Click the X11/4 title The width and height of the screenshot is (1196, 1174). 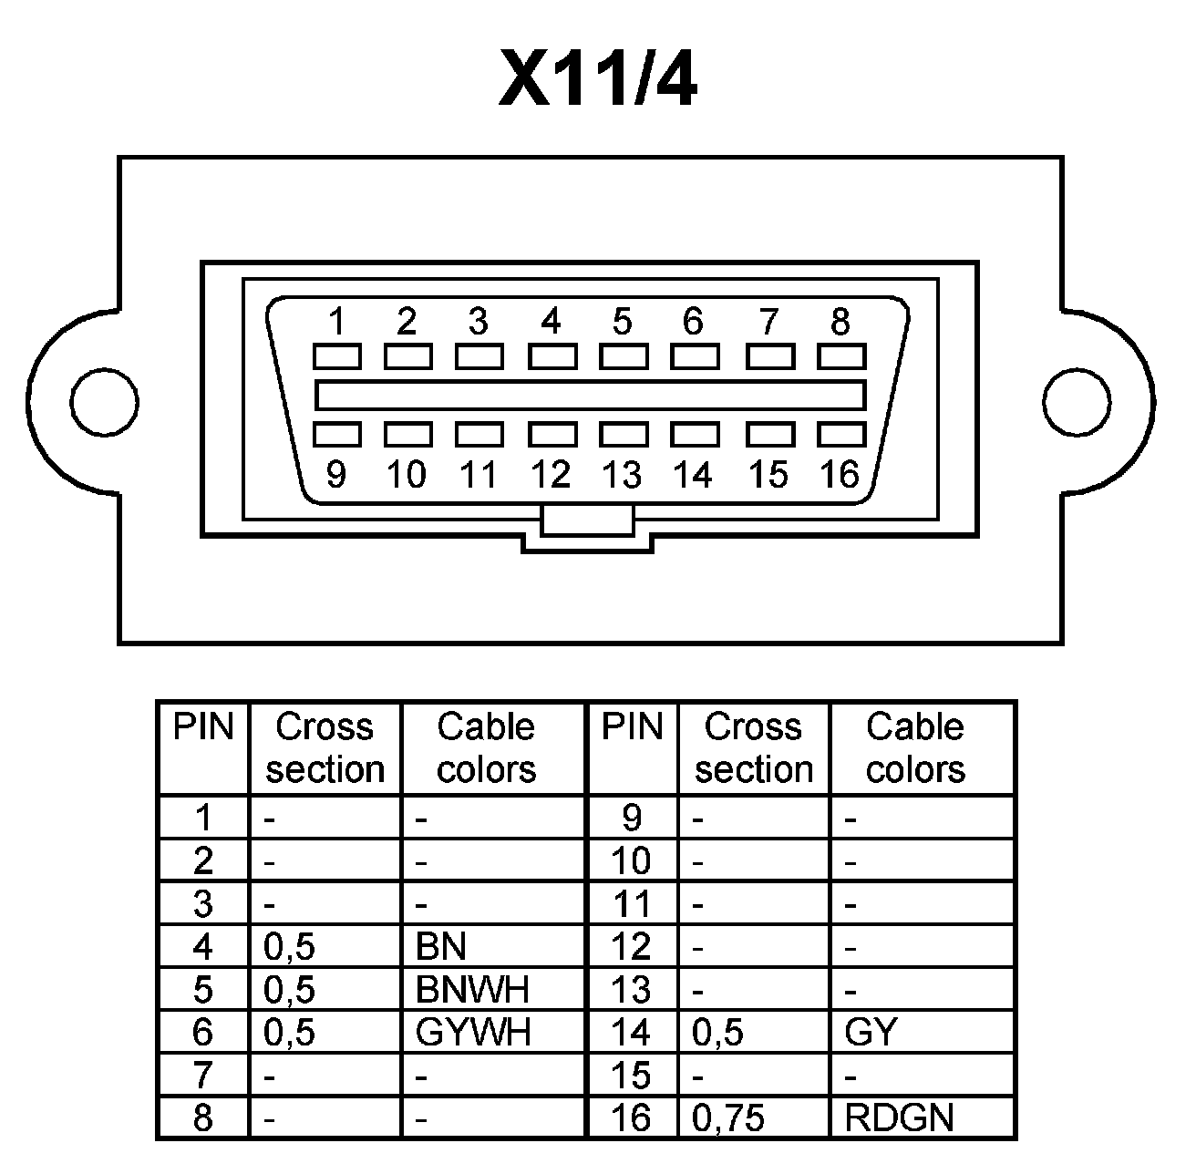tap(598, 80)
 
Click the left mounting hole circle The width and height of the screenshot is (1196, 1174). tap(104, 402)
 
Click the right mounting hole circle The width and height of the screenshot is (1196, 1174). tap(1076, 402)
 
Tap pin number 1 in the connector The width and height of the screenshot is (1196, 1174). tap(336, 322)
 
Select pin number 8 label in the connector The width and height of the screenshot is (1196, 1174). tap(840, 322)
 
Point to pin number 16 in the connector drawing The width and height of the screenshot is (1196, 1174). tap(840, 474)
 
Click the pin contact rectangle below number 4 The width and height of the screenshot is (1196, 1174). tap(551, 355)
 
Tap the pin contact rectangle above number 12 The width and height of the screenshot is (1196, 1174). tap(551, 434)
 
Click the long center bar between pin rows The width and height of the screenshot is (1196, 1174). tap(590, 395)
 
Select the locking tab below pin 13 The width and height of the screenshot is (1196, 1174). tap(587, 522)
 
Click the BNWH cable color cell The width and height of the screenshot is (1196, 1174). tap(472, 989)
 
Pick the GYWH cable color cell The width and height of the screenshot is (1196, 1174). tap(473, 1032)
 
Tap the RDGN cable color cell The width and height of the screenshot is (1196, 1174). tap(899, 1117)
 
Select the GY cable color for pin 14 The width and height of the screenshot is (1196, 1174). tap(871, 1032)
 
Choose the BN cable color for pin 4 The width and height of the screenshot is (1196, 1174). tap(441, 947)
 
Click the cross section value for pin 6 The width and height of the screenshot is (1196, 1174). tap(290, 1032)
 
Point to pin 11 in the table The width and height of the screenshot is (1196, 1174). tap(632, 904)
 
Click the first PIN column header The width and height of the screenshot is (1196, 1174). tap(203, 727)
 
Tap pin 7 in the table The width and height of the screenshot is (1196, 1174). tap(203, 1075)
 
